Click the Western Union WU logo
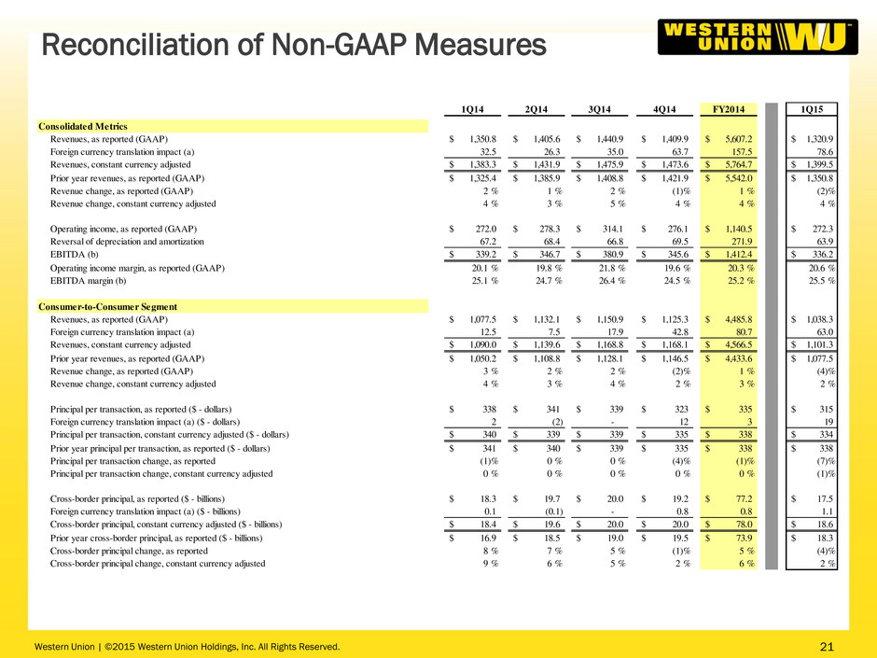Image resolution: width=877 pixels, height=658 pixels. (758, 37)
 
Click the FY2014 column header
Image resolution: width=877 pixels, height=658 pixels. (729, 109)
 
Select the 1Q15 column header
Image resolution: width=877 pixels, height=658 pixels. (812, 109)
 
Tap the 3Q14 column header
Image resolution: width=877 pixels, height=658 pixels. (600, 109)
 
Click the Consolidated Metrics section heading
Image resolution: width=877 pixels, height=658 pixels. (83, 126)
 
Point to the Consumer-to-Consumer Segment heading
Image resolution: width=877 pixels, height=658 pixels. (108, 307)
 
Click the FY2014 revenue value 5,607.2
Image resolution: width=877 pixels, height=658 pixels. (738, 139)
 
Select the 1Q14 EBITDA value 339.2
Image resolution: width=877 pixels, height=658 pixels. (485, 254)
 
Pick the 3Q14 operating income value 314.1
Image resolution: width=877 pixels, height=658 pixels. (612, 229)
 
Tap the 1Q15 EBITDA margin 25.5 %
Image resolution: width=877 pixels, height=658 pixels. (822, 280)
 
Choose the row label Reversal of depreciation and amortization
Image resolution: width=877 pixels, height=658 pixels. (127, 242)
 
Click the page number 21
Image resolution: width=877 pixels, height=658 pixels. (827, 647)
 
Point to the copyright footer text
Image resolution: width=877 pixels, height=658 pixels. (187, 647)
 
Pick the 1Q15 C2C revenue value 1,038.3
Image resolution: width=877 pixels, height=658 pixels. (819, 319)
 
